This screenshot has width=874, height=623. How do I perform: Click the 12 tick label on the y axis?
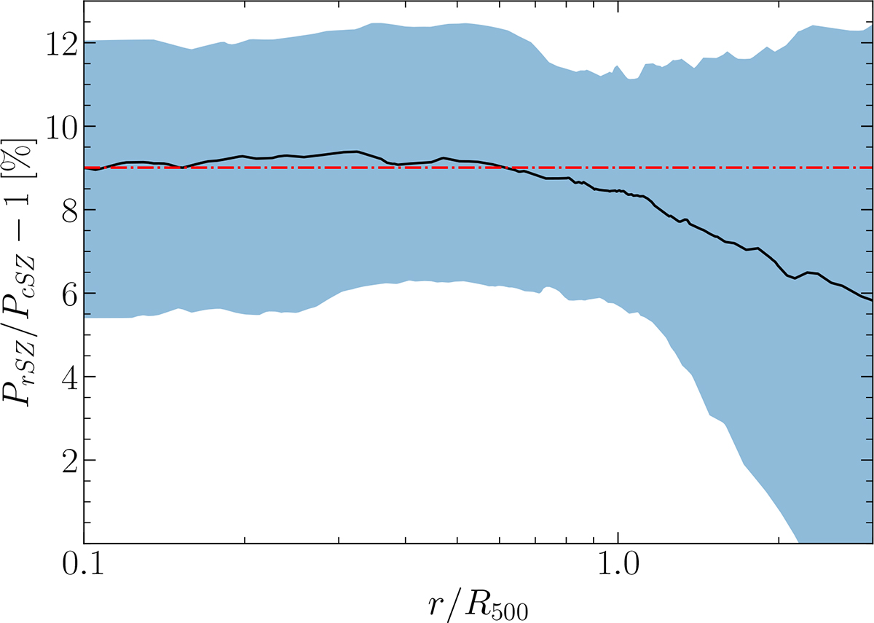click(x=63, y=42)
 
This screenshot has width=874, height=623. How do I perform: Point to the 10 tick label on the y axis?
click(x=63, y=126)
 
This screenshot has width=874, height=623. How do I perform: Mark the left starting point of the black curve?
click(x=85, y=168)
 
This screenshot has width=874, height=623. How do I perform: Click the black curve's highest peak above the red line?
click(x=354, y=152)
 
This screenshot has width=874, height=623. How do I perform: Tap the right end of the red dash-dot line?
click(x=873, y=168)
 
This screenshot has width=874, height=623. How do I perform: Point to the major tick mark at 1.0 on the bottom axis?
click(x=618, y=538)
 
